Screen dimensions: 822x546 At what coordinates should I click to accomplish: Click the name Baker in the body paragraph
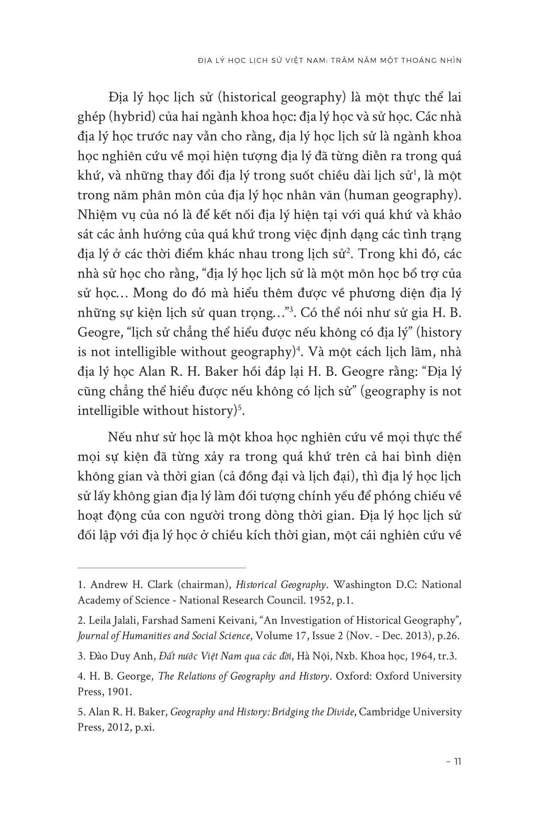pyautogui.click(x=219, y=372)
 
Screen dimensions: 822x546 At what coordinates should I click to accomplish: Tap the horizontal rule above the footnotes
pyautogui.click(x=162, y=568)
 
